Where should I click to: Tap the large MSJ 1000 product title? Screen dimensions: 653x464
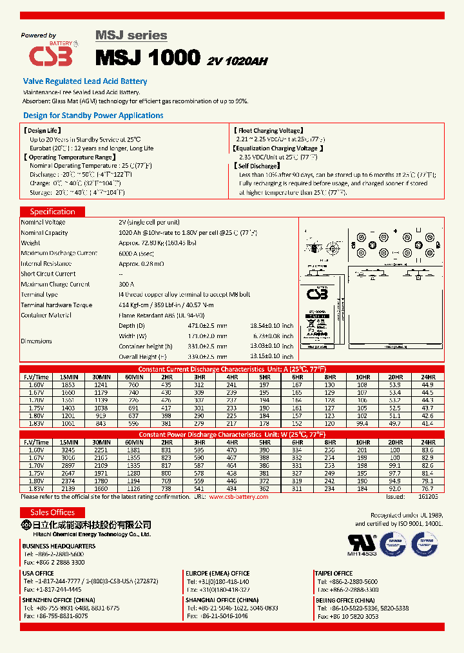(x=148, y=57)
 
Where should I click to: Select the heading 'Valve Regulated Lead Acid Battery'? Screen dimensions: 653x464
(x=85, y=81)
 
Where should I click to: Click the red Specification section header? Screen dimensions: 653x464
(x=53, y=212)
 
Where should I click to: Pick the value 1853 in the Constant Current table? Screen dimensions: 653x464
(x=68, y=385)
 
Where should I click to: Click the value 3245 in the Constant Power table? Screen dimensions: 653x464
(x=68, y=450)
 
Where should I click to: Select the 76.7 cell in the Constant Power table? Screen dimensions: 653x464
(x=427, y=490)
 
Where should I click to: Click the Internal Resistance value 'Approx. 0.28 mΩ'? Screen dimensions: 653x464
(x=141, y=263)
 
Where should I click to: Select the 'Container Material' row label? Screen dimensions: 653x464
(x=46, y=315)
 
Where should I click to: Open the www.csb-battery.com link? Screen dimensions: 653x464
(x=242, y=497)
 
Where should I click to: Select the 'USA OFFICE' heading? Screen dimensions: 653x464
(x=38, y=573)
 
